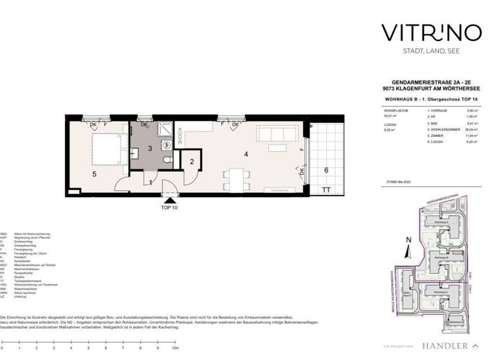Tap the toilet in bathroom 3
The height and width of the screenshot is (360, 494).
[x=167, y=158]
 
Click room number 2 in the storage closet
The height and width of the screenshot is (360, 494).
[x=191, y=161]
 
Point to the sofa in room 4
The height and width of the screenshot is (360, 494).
[x=277, y=134]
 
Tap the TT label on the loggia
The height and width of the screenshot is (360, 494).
[x=326, y=191]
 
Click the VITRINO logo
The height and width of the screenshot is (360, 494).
[x=423, y=32]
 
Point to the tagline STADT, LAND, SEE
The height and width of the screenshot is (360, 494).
[x=423, y=51]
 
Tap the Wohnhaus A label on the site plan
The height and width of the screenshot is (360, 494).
[x=441, y=222]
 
